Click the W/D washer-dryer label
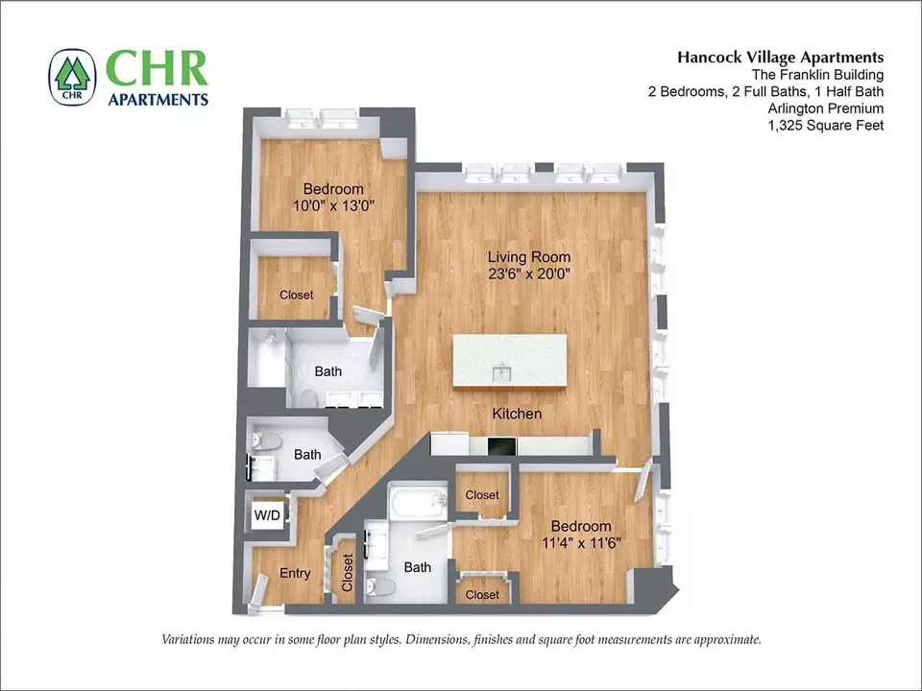coord(267,515)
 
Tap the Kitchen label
coord(517,414)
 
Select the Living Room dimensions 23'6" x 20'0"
coord(529,274)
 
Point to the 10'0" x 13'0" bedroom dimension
coord(333,205)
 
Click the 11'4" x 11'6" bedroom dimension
coord(582,543)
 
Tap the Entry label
coord(295,573)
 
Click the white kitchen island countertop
coord(510,361)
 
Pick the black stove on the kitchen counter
coord(501,446)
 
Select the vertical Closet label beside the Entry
coord(347,573)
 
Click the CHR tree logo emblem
coord(72,77)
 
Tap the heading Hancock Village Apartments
coord(780,57)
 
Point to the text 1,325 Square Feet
coord(826,125)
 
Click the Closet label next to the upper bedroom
coord(297,295)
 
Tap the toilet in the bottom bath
coord(380,585)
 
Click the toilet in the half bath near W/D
coord(268,441)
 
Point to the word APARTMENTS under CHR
coord(158,99)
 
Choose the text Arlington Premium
coord(826,108)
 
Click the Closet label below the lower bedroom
coord(482,595)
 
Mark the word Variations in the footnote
coord(187,639)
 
